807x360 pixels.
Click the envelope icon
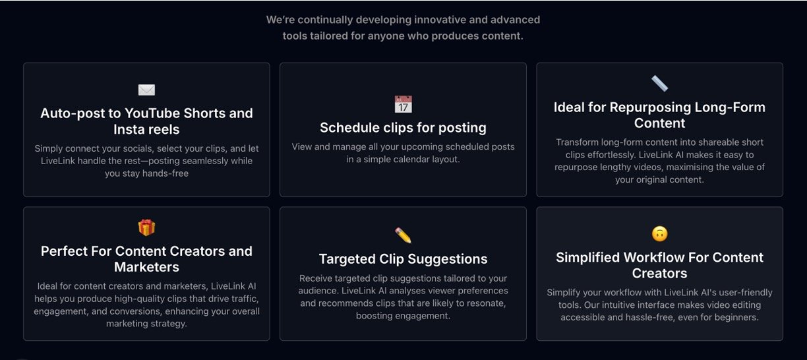point(146,90)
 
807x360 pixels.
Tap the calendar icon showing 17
point(403,104)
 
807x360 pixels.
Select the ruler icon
point(660,84)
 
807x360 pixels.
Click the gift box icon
point(146,227)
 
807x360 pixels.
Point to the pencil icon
point(403,235)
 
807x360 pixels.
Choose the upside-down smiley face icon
point(660,234)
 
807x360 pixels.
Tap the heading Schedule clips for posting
point(403,127)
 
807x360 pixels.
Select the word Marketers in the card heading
point(146,267)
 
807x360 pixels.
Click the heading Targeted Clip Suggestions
point(403,259)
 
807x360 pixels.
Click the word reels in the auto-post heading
point(164,129)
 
